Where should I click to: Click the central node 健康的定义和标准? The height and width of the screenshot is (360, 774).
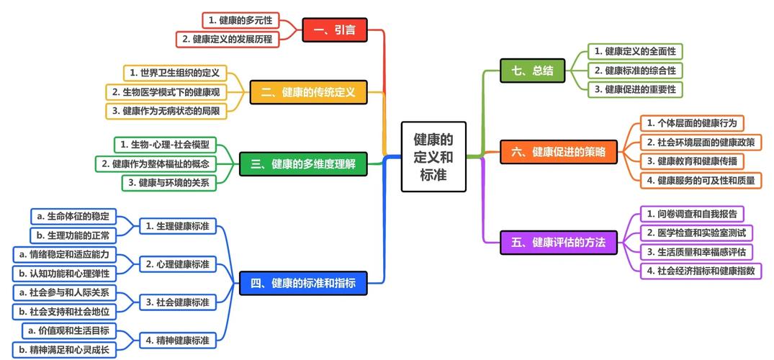433,156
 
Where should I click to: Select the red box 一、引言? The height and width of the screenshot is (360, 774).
335,30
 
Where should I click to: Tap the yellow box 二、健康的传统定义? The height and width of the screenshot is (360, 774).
308,92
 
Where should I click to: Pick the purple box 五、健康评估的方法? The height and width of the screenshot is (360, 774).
558,242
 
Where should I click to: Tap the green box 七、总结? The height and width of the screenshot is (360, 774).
533,71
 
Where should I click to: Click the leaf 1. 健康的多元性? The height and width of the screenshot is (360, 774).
240,20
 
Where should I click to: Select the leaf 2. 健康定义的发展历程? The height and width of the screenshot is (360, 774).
228,39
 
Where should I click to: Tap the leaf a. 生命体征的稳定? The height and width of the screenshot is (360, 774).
73,216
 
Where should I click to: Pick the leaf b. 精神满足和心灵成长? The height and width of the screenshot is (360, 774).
69,350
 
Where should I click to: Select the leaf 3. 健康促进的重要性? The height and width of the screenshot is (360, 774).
635,89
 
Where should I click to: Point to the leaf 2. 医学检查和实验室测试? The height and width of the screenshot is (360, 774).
696,233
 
